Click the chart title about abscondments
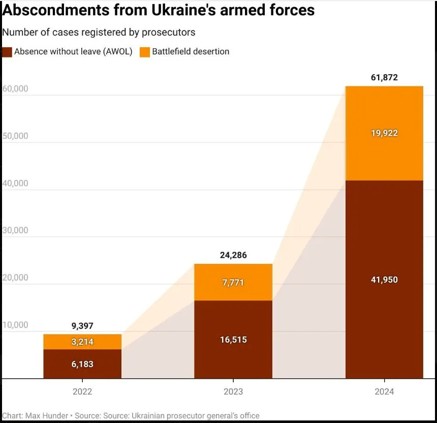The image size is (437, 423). pyautogui.click(x=158, y=10)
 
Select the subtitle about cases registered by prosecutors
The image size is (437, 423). pyautogui.click(x=99, y=32)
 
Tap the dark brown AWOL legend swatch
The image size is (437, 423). pyautogui.click(x=7, y=52)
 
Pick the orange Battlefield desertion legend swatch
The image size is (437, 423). pyautogui.click(x=145, y=52)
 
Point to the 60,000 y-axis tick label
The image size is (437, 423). pyautogui.click(x=15, y=89)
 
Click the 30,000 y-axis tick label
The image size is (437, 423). pyautogui.click(x=15, y=230)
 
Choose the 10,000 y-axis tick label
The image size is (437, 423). pyautogui.click(x=15, y=325)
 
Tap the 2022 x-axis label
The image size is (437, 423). pyautogui.click(x=82, y=392)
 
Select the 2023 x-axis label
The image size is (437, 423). pyautogui.click(x=233, y=392)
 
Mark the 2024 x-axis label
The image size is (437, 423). pyautogui.click(x=384, y=392)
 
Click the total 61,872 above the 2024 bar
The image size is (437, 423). pyautogui.click(x=384, y=78)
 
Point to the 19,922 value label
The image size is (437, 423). pyautogui.click(x=384, y=133)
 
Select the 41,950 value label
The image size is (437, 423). pyautogui.click(x=384, y=280)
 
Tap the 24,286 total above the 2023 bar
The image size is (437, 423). pyautogui.click(x=233, y=255)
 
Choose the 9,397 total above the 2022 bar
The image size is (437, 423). pyautogui.click(x=82, y=326)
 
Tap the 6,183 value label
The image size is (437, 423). pyautogui.click(x=82, y=364)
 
